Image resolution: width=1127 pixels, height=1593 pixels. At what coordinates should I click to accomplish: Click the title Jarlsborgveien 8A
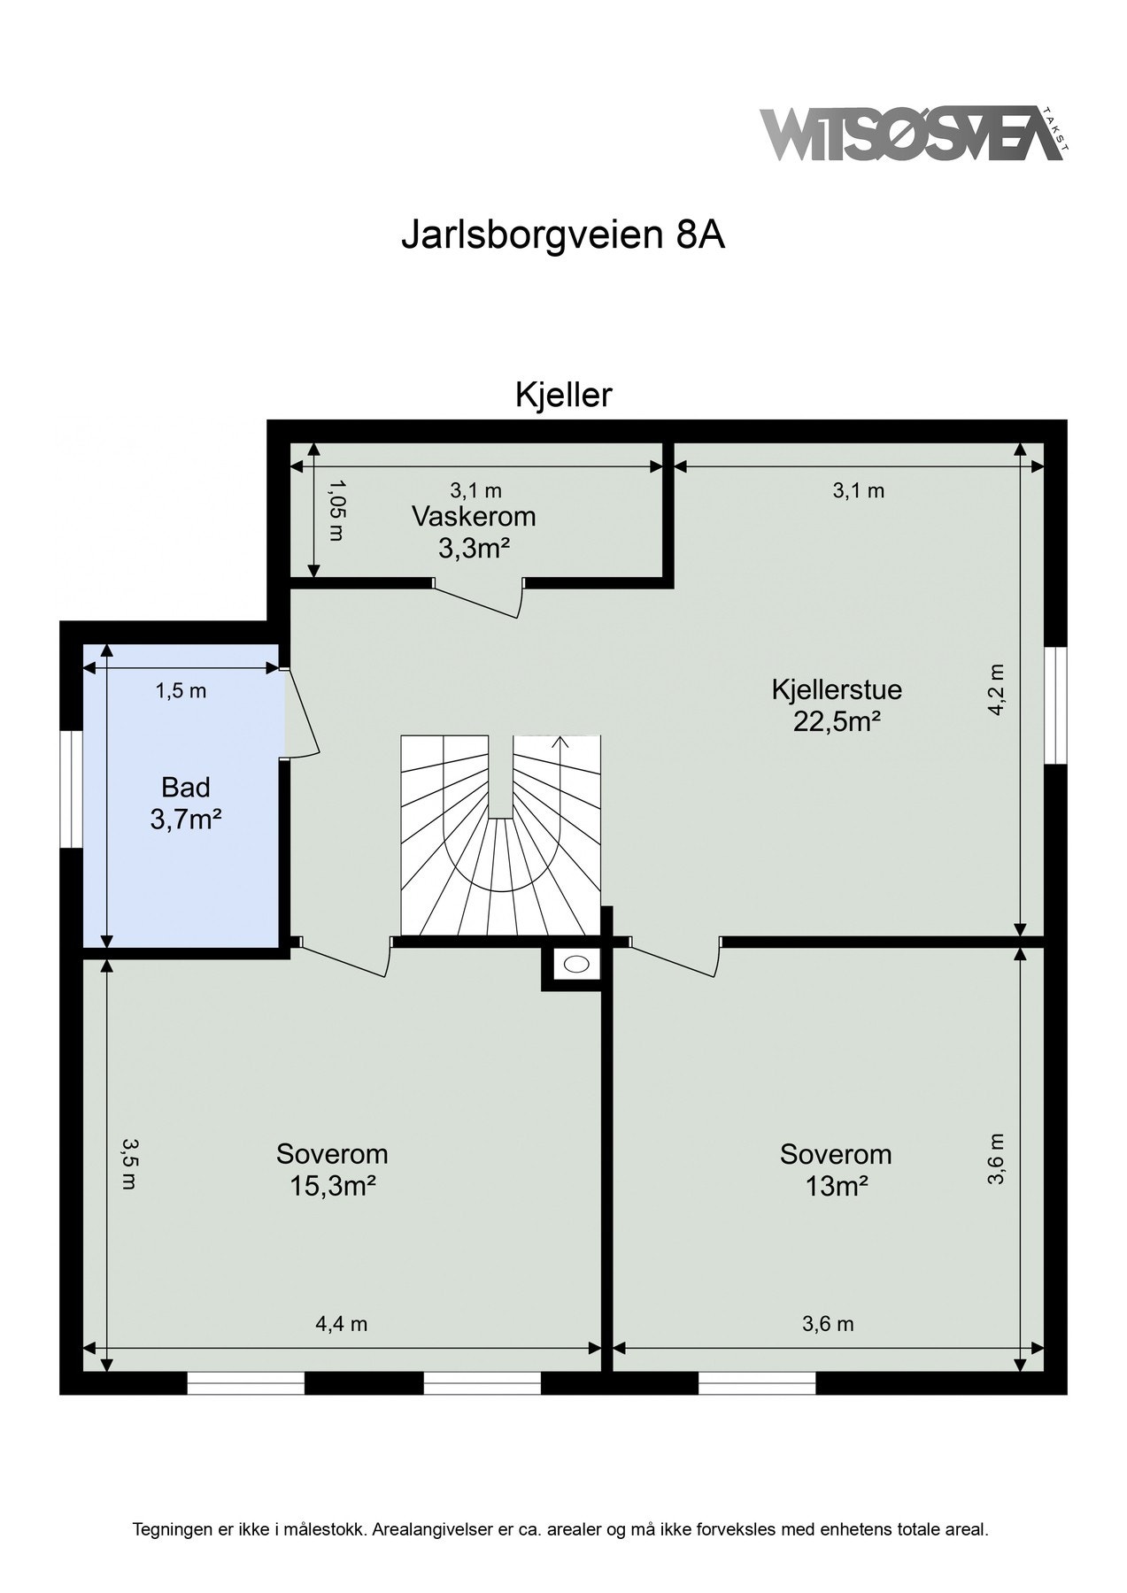point(563,236)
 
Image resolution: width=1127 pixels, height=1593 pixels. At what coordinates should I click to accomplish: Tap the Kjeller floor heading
point(563,396)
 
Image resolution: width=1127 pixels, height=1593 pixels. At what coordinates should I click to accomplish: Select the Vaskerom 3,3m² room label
point(474,532)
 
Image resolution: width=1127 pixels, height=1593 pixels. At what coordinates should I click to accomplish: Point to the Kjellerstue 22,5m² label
point(836,705)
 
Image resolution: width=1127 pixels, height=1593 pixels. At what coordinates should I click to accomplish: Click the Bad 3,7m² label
point(185,804)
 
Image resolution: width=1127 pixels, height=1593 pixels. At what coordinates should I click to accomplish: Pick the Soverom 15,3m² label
point(332,1169)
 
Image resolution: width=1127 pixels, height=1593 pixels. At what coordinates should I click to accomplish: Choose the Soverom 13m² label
point(835,1169)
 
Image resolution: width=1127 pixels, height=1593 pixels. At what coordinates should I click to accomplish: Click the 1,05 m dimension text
point(336,511)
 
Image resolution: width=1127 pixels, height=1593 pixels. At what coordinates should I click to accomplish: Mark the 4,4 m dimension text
point(341,1324)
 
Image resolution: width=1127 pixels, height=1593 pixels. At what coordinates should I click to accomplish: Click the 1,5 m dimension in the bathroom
point(181,691)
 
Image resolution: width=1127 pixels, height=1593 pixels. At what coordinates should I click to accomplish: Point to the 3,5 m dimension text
point(129,1164)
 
